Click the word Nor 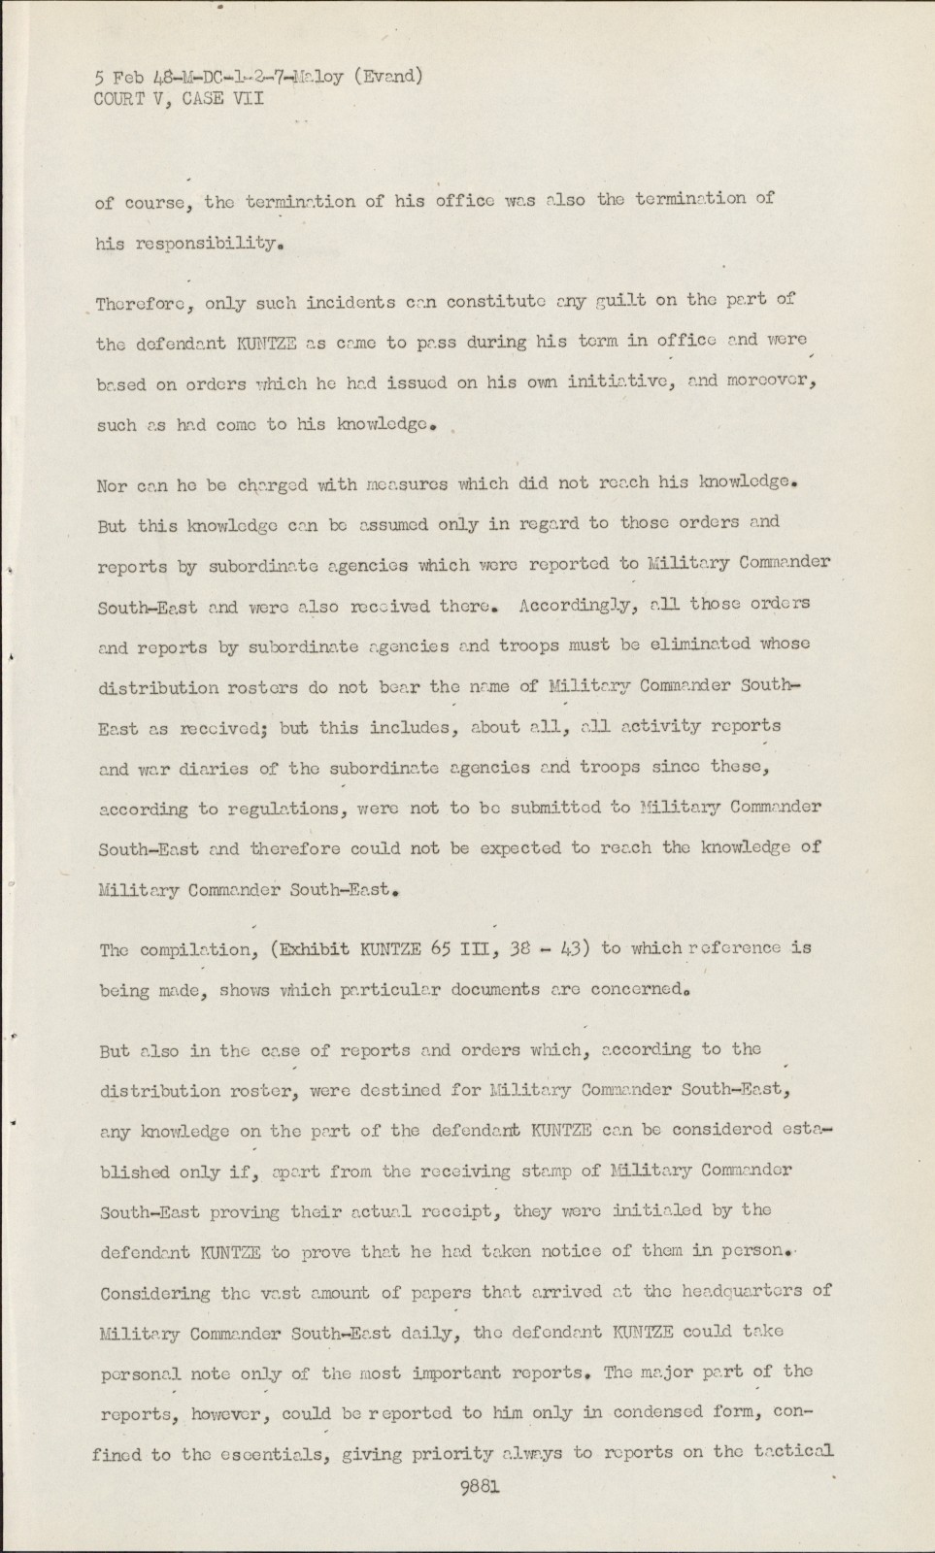coord(112,485)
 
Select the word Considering coord(155,1293)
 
